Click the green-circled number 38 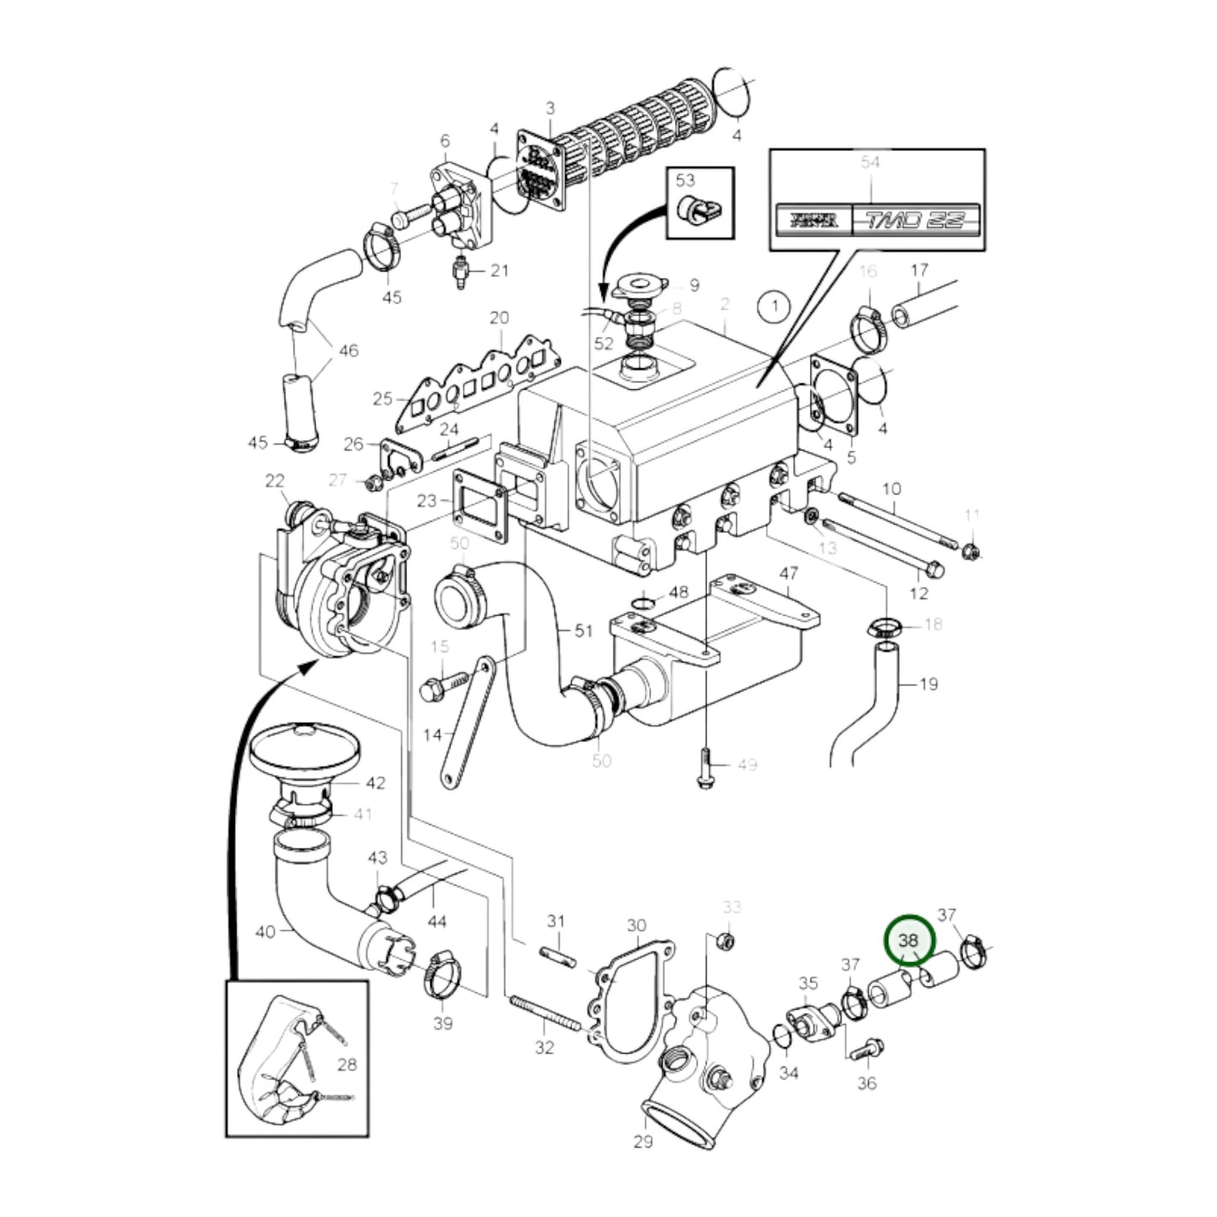909,938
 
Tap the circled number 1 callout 774,307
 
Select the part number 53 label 686,180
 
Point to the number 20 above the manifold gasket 499,318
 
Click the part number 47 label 787,574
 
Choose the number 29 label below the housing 643,1142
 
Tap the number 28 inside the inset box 347,1065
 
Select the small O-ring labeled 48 642,603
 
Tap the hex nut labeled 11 970,552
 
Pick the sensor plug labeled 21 461,271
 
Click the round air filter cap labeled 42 305,745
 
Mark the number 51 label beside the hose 584,630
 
